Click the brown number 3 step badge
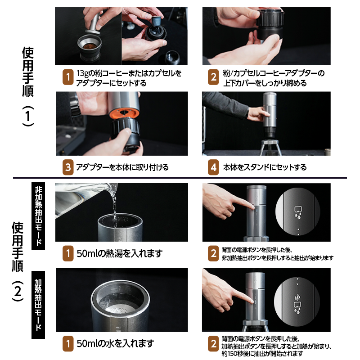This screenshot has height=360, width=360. (68, 167)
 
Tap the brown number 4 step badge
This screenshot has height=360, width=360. (213, 167)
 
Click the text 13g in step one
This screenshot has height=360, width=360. (82, 73)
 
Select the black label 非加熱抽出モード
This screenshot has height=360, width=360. (38, 216)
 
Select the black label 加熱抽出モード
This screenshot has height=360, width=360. (38, 305)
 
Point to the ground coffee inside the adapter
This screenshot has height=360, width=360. (90, 47)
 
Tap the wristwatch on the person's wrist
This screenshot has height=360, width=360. (75, 105)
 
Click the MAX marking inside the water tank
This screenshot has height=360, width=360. (123, 220)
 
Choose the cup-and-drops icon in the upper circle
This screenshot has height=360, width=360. (298, 213)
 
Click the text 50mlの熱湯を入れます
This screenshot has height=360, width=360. (119, 253)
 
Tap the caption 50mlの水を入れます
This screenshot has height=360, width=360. (115, 343)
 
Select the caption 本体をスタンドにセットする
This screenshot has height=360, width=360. (265, 167)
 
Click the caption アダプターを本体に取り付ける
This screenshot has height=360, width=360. (122, 167)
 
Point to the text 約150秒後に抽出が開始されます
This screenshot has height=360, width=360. (262, 354)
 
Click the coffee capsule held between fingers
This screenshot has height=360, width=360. (156, 21)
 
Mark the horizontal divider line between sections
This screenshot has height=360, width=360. (180, 178)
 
